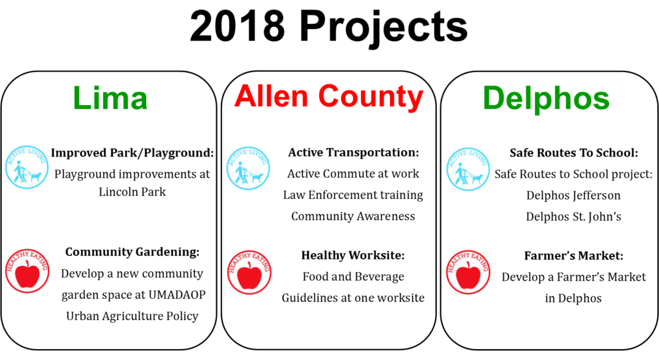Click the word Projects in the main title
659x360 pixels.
pyautogui.click(x=384, y=28)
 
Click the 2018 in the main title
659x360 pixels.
pyautogui.click(x=237, y=26)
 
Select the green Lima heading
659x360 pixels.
pyautogui.click(x=110, y=98)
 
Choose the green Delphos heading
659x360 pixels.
pyautogui.click(x=546, y=99)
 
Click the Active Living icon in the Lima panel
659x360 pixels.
pyautogui.click(x=26, y=167)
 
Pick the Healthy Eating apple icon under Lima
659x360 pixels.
pyautogui.click(x=27, y=271)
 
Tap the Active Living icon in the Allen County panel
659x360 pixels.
pyautogui.click(x=248, y=168)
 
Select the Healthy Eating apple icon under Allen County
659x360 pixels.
pyautogui.click(x=249, y=272)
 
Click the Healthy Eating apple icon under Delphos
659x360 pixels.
pyautogui.click(x=468, y=272)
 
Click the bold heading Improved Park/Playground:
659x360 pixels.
pyautogui.click(x=133, y=153)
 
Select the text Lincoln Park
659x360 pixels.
pyautogui.click(x=133, y=192)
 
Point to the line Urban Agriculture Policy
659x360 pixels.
pyautogui.click(x=133, y=316)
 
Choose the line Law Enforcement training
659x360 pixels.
pyautogui.click(x=353, y=195)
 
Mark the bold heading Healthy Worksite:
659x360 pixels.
pyautogui.click(x=353, y=255)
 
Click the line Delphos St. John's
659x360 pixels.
pyautogui.click(x=573, y=216)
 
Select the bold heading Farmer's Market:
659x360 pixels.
pyautogui.click(x=573, y=256)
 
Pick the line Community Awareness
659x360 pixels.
pyautogui.click(x=353, y=216)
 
